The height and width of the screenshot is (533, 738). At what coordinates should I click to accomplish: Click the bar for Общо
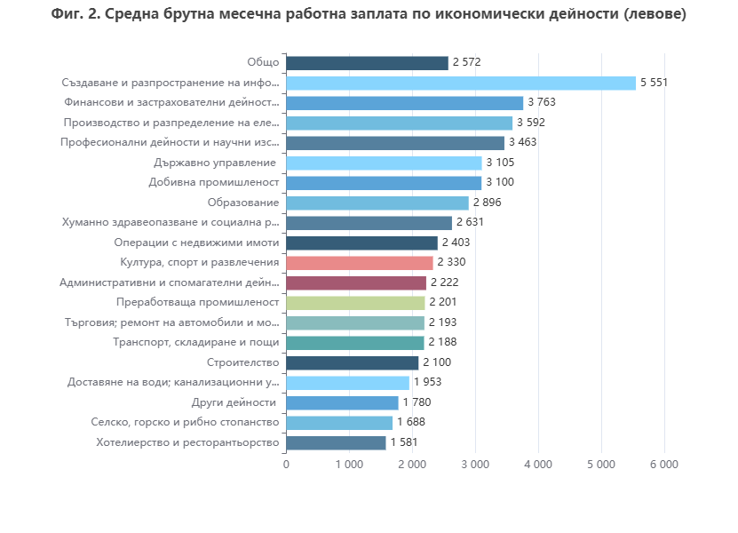(x=367, y=63)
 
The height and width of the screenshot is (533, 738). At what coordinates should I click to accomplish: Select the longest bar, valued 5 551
(x=461, y=83)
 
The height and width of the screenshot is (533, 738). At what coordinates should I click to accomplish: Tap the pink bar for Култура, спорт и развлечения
(x=360, y=263)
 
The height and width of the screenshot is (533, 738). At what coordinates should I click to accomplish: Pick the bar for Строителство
(x=352, y=362)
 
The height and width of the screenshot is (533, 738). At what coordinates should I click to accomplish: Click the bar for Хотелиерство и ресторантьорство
(x=336, y=442)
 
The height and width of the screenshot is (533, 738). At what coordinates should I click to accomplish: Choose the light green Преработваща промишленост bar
(x=355, y=303)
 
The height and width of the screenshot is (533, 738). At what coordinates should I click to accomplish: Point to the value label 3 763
(x=542, y=103)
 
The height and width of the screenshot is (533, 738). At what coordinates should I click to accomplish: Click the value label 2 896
(x=488, y=203)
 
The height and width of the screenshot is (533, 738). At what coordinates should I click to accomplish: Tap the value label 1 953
(x=428, y=383)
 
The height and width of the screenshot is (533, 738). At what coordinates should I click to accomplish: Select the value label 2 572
(x=467, y=63)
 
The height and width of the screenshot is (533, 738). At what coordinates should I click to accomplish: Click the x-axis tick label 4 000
(x=538, y=465)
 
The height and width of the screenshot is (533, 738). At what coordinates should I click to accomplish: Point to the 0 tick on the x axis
(x=286, y=465)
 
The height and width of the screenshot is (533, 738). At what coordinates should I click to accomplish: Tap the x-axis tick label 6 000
(x=664, y=465)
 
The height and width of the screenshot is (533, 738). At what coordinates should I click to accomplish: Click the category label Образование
(x=242, y=203)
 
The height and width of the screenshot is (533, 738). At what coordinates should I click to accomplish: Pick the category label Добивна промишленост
(x=214, y=183)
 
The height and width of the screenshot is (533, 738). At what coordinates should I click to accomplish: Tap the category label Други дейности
(x=234, y=402)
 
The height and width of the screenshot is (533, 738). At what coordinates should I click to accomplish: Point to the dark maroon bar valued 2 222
(x=356, y=282)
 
